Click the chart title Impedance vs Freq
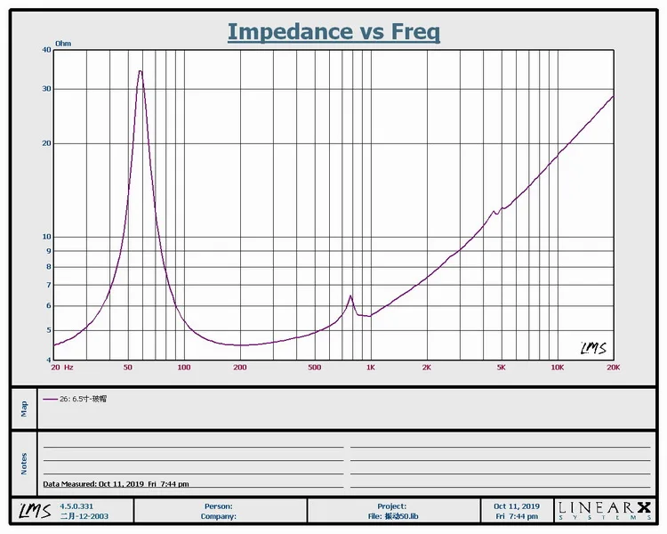click(333, 31)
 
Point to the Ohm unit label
click(63, 43)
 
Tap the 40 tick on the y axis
click(45, 50)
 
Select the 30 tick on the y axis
click(45, 89)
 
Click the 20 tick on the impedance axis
click(45, 143)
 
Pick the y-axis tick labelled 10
click(45, 237)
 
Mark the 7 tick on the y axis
click(47, 285)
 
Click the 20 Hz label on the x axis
click(61, 367)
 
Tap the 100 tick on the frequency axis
click(184, 367)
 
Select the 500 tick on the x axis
click(314, 367)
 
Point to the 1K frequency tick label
click(371, 367)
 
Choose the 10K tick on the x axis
click(557, 367)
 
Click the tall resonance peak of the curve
click(140, 71)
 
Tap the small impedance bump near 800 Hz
click(350, 296)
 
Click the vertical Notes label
click(24, 463)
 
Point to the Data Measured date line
click(116, 483)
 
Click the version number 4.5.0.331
click(77, 506)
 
